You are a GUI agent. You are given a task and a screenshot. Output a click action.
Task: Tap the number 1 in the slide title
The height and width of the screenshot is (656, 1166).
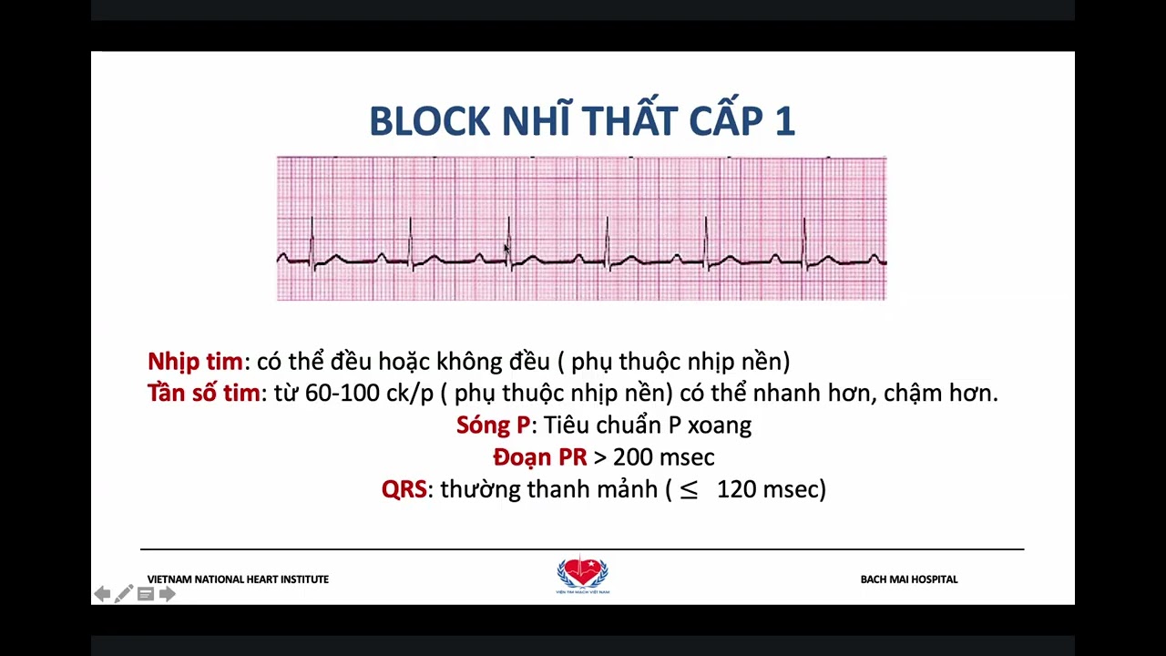(x=785, y=121)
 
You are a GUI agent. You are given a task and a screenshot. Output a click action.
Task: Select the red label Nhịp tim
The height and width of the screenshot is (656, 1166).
(x=195, y=362)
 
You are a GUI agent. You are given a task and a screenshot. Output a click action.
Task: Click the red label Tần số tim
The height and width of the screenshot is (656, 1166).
(x=203, y=394)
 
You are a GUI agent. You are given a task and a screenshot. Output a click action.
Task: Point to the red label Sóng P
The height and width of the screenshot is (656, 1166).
(x=493, y=425)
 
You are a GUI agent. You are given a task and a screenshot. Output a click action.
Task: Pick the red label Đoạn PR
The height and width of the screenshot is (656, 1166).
(x=539, y=457)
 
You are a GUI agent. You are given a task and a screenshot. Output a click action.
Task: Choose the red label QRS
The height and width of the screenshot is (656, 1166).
(x=404, y=489)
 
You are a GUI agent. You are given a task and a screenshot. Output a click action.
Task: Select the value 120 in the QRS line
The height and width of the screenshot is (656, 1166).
(x=737, y=489)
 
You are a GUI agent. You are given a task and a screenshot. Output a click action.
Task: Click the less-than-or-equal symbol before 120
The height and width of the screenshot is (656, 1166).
(x=689, y=490)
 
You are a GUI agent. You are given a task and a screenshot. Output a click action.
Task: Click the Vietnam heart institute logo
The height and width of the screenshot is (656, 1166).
(x=582, y=575)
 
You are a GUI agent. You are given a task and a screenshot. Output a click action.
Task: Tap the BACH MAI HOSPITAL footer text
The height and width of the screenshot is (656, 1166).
(x=908, y=579)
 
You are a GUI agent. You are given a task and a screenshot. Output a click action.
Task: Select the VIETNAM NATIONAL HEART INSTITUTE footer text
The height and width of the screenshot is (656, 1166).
(x=238, y=579)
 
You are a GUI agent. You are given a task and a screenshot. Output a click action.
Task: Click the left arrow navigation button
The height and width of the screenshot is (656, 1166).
(x=102, y=594)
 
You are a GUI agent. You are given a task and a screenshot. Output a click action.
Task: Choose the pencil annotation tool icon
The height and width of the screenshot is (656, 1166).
(x=124, y=594)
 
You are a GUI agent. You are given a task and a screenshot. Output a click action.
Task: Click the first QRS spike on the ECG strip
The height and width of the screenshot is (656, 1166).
(x=312, y=239)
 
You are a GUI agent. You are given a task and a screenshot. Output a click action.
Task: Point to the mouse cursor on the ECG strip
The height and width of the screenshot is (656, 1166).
(x=506, y=249)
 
